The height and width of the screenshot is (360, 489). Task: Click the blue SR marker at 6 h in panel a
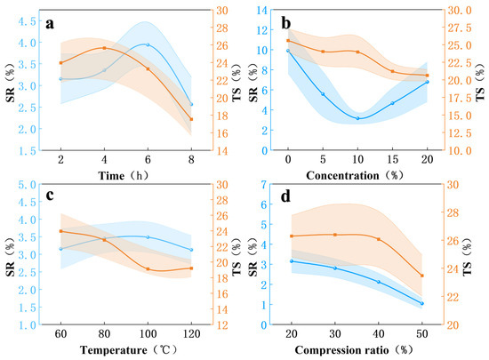tap(148, 44)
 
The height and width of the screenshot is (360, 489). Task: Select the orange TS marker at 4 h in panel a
tap(105, 48)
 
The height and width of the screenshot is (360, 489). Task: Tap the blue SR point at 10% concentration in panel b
tap(357, 118)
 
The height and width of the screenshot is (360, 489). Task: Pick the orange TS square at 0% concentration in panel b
tap(288, 41)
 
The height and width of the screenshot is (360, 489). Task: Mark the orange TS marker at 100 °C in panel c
tap(148, 269)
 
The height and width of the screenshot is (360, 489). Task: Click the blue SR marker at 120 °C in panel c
tap(191, 250)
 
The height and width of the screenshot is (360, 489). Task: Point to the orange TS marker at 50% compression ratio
tap(422, 276)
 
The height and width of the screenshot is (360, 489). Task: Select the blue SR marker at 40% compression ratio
tap(379, 282)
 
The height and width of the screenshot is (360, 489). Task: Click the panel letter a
tap(50, 23)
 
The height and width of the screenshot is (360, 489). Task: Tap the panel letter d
tap(285, 196)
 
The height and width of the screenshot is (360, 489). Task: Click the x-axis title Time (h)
tap(124, 176)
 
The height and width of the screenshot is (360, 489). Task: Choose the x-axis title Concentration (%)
tap(355, 175)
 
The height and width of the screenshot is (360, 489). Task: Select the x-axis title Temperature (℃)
tap(128, 350)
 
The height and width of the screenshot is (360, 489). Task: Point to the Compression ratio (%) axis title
tap(354, 350)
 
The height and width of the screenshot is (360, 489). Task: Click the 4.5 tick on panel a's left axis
tap(27, 21)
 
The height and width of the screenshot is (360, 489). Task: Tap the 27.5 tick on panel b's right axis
tap(460, 28)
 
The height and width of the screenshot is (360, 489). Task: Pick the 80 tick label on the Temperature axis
tap(105, 334)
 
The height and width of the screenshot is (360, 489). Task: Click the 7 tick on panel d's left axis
tap(264, 185)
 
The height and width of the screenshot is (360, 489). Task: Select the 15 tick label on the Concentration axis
tap(393, 160)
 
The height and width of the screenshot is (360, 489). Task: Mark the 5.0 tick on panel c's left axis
tap(27, 185)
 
